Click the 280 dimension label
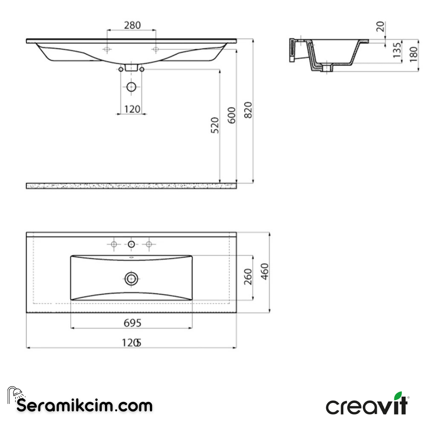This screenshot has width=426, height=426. pos(132,25)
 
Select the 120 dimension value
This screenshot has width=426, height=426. pos(132,109)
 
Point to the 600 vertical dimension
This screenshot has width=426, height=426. pos(232,115)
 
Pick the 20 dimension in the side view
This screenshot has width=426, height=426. pos(380,27)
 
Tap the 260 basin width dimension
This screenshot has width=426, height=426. pos(248,278)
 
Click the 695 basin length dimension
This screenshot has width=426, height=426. pos(132,323)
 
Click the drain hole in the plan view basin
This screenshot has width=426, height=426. pos(131,279)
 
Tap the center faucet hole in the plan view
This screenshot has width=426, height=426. pos(131,245)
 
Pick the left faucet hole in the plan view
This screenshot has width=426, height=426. pos(114,245)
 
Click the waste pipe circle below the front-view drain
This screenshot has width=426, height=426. pos(131,87)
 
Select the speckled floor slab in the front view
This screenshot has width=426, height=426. pos(131,186)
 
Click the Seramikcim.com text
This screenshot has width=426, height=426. pos(84,405)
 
